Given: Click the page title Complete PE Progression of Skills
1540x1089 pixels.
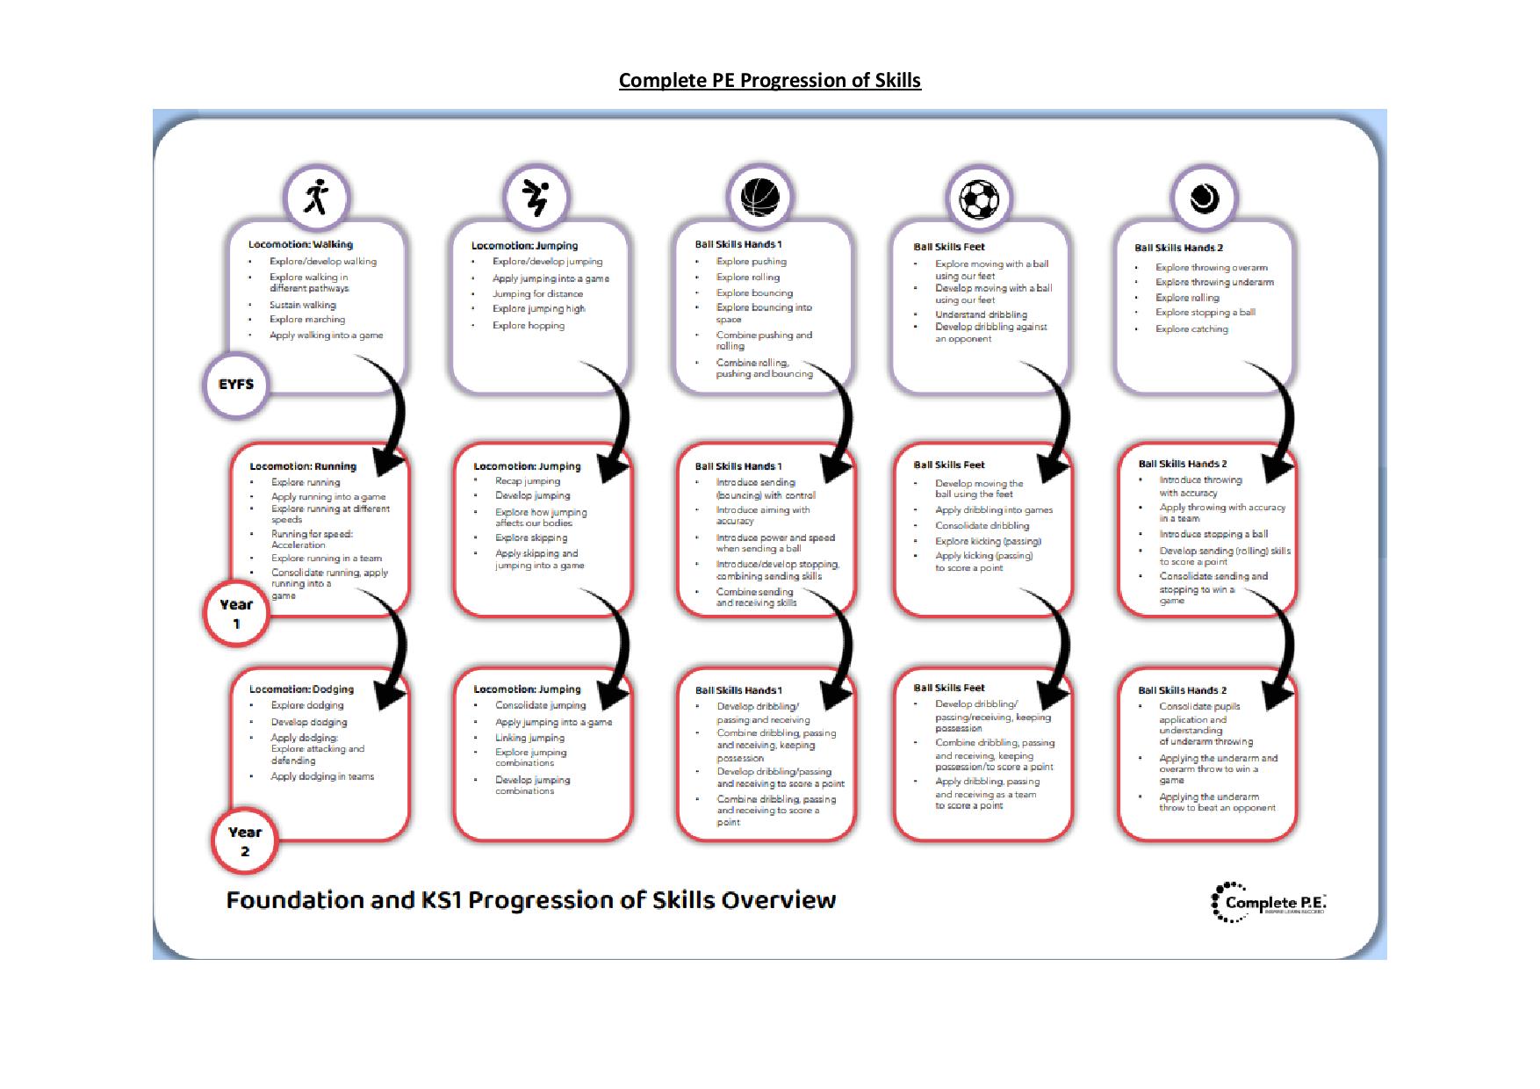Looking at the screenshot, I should click(769, 81).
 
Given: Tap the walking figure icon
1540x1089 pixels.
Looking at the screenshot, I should click(316, 198).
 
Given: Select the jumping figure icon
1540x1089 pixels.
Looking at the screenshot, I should click(536, 198).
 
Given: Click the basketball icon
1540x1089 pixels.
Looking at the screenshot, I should click(759, 198).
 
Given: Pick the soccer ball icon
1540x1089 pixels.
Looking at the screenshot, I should click(979, 199).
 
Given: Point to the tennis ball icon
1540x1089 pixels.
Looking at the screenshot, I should click(1204, 198).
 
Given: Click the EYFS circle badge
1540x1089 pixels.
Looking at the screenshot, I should click(236, 385).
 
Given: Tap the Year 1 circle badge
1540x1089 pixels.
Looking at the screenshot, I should click(236, 613).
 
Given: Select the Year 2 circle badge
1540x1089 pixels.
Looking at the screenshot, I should click(245, 841).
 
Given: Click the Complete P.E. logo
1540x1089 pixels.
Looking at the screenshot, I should click(1269, 902).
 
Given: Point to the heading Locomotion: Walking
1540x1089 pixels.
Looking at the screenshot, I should click(300, 244).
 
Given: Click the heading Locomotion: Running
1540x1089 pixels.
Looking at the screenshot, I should click(303, 466).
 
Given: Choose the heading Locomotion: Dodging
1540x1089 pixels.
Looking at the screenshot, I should click(301, 689).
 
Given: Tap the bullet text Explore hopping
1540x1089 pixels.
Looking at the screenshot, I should click(529, 326).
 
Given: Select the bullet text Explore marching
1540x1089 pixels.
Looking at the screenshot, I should click(307, 320).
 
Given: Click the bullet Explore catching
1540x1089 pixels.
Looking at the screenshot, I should click(1191, 329).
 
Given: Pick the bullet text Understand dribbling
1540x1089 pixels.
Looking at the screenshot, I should click(981, 314).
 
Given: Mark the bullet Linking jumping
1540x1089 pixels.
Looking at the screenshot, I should click(529, 738).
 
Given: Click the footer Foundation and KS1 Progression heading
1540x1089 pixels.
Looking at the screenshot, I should click(531, 900).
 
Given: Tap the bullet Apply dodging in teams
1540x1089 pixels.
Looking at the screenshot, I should click(322, 776).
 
